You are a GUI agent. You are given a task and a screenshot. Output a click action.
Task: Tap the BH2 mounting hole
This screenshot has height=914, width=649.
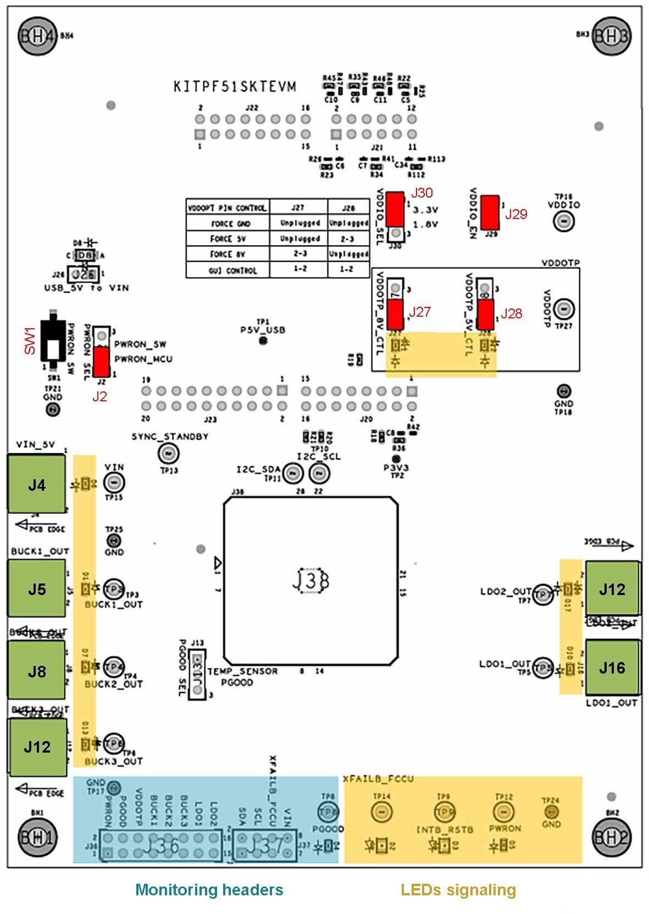coord(611,837)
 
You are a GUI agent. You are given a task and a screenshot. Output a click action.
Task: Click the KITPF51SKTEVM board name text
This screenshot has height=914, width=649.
coord(235,87)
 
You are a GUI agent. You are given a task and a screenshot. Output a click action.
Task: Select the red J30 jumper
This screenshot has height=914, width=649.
coord(394,209)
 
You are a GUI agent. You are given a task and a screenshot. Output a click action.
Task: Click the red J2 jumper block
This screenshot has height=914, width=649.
coord(101,361)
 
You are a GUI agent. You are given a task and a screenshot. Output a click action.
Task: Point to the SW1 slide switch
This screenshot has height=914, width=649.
coord(53,341)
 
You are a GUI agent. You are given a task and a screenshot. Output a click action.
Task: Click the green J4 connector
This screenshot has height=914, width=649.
coord(36,485)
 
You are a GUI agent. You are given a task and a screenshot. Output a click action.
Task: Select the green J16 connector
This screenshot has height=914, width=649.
coord(612,667)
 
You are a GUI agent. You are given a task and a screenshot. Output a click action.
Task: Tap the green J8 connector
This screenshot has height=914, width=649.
coord(36,671)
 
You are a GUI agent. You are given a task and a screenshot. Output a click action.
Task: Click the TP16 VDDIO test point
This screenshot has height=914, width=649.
coord(563,221)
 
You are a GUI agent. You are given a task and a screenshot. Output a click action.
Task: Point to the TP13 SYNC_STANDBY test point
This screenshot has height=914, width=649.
coord(168,453)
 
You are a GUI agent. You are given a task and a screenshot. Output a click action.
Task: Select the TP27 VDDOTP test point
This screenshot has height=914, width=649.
coord(563,309)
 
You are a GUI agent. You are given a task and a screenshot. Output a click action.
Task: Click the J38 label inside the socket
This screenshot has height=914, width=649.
coord(310,581)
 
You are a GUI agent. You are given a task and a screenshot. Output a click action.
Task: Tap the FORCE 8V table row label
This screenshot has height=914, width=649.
coord(228,254)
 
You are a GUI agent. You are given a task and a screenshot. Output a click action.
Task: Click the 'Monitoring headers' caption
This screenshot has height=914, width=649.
coord(209,890)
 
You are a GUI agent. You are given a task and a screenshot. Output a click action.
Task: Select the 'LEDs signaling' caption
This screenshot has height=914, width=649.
coord(458,890)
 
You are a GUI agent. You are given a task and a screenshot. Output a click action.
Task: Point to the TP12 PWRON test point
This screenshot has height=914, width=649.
coord(502,811)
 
